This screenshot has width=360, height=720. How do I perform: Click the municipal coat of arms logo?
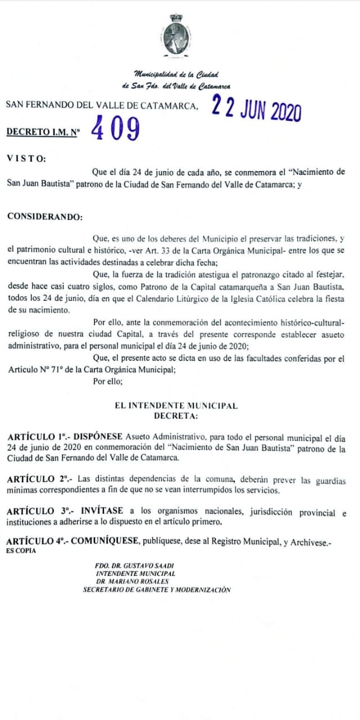pyautogui.click(x=176, y=35)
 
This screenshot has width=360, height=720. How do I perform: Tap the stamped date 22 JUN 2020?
pyautogui.click(x=256, y=109)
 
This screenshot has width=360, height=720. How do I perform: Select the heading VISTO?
pyautogui.click(x=27, y=158)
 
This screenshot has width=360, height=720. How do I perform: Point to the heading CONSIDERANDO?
pyautogui.click(x=44, y=217)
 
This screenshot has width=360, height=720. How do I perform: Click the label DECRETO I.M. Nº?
pyautogui.click(x=43, y=132)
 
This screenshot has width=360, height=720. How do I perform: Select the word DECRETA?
pyautogui.click(x=176, y=416)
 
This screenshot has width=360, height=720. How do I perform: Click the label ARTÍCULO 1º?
pyautogui.click(x=39, y=437)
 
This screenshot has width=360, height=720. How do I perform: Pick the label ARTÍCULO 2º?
pyautogui.click(x=39, y=479)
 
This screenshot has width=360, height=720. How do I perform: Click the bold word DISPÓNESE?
pyautogui.click(x=98, y=437)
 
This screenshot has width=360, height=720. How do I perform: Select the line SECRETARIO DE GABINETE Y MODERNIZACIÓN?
pyautogui.click(x=156, y=589)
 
